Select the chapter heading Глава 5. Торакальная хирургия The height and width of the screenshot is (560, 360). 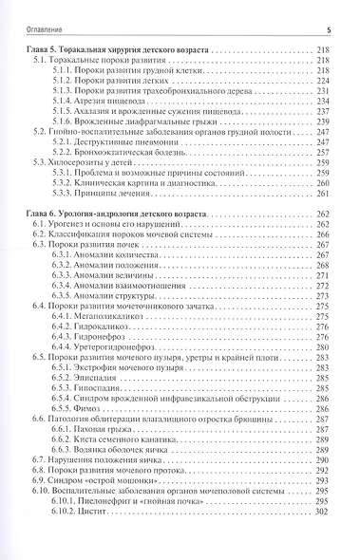[x=123, y=47]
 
